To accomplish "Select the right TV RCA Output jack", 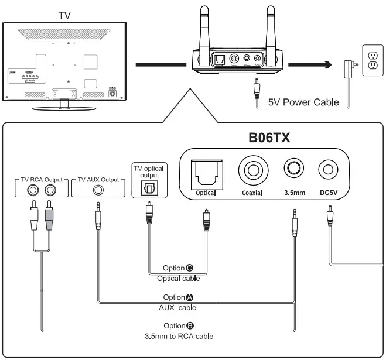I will click(x=51, y=190).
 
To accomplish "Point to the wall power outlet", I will click(x=371, y=61).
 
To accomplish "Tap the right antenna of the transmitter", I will click(x=271, y=26).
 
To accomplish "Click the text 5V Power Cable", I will click(x=303, y=102).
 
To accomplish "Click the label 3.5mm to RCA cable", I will click(x=179, y=336).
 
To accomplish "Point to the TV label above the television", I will click(x=65, y=14).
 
